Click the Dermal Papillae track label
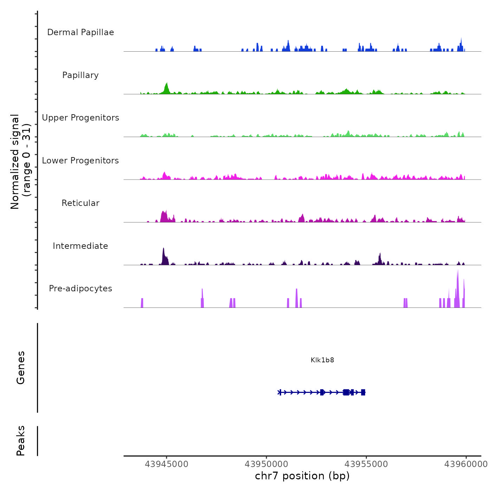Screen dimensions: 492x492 80,32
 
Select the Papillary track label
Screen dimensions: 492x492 80,75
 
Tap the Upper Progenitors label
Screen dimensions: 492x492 80,118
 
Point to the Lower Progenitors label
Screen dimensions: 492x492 80,161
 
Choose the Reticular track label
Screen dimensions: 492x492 80,203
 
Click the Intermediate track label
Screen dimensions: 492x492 80,246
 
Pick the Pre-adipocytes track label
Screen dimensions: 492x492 80,289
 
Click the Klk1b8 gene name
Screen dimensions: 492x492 322,360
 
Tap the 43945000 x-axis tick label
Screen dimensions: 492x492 167,464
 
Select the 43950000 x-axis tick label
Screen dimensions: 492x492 266,464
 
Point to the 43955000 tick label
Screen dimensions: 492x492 366,464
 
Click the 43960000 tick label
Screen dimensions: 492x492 466,464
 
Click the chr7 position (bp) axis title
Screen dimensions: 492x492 302,476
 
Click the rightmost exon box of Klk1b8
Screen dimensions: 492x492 363,392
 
